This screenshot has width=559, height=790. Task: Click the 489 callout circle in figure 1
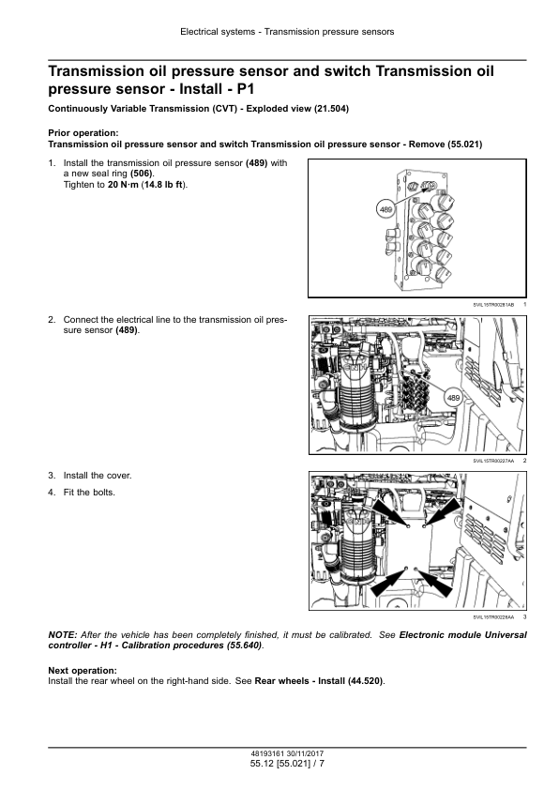(385, 209)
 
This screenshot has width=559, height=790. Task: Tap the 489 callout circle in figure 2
(453, 398)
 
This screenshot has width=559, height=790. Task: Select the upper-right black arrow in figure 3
(444, 511)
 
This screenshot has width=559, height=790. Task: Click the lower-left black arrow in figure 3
(389, 582)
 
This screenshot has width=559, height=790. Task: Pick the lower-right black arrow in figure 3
(433, 582)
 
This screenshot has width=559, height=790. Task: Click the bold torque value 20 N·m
(123, 185)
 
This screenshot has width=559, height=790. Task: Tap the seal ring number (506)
(142, 174)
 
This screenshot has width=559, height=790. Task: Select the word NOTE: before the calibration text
(63, 635)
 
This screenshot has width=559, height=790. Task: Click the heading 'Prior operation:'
(83, 133)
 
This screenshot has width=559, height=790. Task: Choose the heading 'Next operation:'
(83, 671)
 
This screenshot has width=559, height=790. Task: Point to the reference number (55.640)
(243, 646)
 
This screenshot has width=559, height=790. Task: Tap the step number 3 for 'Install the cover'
(52, 476)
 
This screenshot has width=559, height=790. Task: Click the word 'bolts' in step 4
(103, 493)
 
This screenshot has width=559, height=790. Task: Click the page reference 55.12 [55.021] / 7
(287, 764)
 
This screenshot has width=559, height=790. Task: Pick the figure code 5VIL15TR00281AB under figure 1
(493, 305)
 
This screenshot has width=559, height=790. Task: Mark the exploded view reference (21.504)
(331, 108)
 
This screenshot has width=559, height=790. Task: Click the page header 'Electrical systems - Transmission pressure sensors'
(287, 32)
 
